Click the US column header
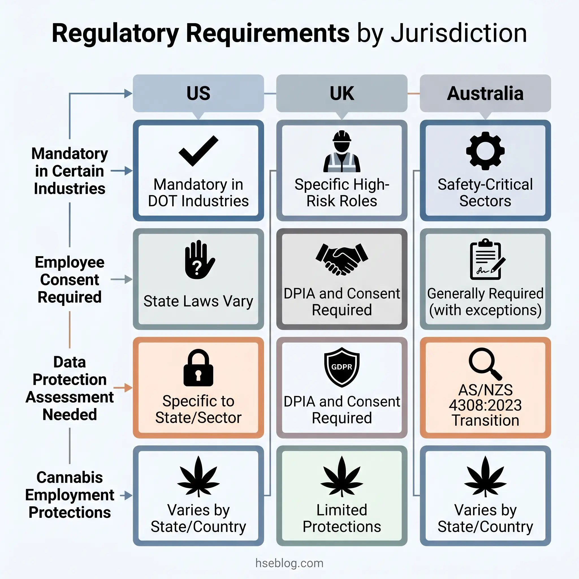pos(198,93)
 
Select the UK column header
pos(342,93)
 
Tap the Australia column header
pos(485,93)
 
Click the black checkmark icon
pos(198,150)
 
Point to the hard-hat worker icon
pos(342,151)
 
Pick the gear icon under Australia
pos(485,151)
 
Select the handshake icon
pos(342,259)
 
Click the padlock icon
pos(198,368)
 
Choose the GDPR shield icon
pos(342,367)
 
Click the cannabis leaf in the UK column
pos(342,476)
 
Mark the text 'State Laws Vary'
pos(198,301)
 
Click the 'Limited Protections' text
pos(342,518)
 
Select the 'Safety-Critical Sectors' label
pos(485,193)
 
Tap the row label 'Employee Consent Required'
pos(70,280)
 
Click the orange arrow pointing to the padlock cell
pos(123,388)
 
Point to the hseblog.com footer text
pos(289,563)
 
